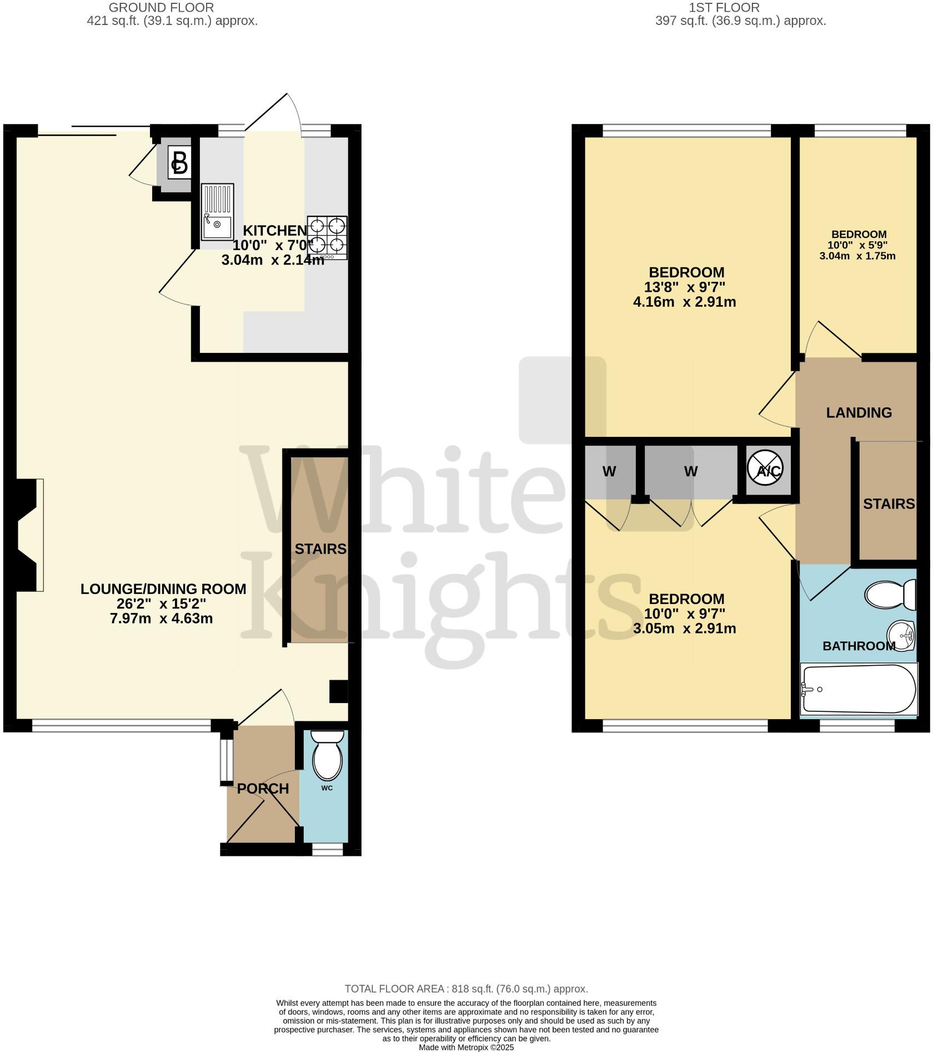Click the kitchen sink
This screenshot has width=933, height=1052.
point(217,212)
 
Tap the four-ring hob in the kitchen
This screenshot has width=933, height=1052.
point(327,237)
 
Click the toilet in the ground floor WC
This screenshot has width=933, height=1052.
point(328,756)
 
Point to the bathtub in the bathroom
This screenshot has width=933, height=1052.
point(858,689)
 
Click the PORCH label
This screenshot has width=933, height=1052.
point(263,789)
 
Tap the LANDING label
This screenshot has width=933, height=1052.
point(859,412)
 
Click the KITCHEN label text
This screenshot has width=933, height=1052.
point(275,230)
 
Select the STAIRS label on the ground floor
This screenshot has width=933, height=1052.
point(320,549)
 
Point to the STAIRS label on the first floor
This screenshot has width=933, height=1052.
point(889,503)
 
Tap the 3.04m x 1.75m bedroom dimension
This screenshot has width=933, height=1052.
point(857,256)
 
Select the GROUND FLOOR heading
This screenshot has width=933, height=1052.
point(161,8)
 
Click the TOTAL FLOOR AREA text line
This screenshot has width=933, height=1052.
point(466,989)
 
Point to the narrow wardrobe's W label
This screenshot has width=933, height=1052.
point(609,472)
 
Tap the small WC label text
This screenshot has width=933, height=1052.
point(327,788)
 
